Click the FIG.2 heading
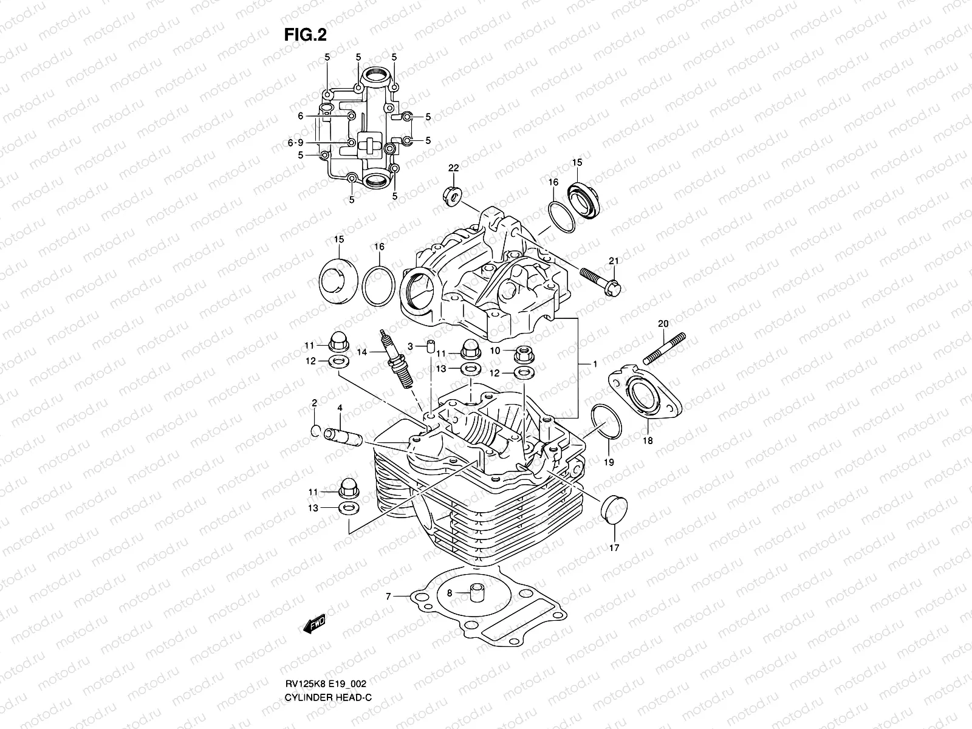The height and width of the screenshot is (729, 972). (309, 35)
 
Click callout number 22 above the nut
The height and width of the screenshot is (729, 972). (453, 168)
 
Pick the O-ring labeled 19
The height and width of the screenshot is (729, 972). (605, 422)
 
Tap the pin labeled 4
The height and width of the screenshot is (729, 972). (344, 436)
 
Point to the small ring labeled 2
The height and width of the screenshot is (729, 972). (315, 431)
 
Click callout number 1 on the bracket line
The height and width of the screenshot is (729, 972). (595, 363)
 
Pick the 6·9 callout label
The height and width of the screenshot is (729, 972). (295, 142)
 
